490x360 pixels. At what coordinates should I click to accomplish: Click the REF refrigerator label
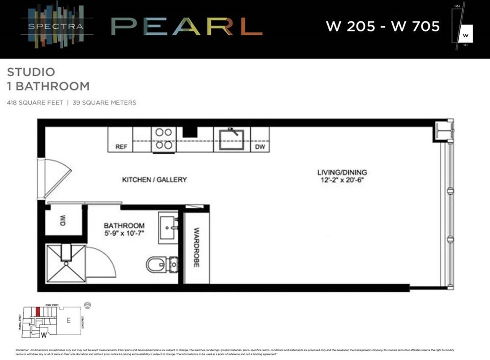tap(121, 147)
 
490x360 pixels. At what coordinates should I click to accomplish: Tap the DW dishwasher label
tap(260, 147)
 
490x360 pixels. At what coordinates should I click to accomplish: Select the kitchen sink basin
tap(231, 139)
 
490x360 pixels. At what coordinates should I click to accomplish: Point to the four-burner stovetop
tap(163, 139)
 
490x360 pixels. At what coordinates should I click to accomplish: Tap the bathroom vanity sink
tap(168, 228)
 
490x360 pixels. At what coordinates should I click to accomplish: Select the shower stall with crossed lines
tap(66, 264)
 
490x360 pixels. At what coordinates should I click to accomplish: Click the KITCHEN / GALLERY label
tap(154, 179)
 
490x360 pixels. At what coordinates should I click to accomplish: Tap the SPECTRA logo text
tap(56, 27)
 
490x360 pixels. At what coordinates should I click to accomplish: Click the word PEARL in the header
tap(186, 27)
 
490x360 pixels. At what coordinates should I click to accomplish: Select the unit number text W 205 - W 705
tap(382, 26)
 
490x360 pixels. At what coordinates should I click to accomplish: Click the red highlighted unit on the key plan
tap(38, 311)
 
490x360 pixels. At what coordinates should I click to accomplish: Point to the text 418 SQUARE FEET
tap(35, 103)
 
